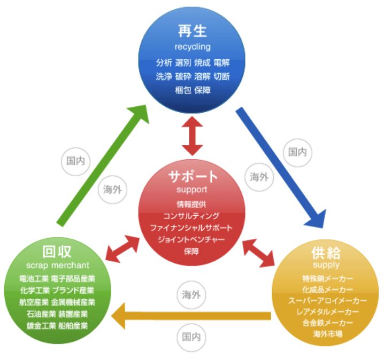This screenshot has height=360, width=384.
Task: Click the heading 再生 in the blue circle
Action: point(193,30)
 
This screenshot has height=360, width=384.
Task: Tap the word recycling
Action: point(193,46)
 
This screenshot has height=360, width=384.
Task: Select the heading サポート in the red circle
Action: point(192,176)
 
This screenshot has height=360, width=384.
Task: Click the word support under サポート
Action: point(191,190)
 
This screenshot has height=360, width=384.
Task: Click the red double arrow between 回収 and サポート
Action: point(122,247)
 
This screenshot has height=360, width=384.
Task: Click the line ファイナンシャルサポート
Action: point(191,228)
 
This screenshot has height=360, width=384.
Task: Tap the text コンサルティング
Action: point(191,216)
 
